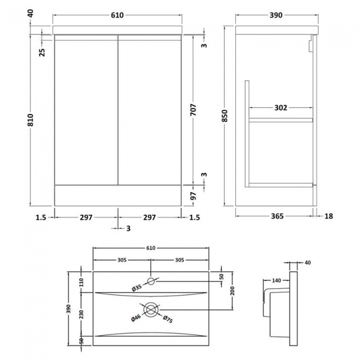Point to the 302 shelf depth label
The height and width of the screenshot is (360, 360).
coord(281,108)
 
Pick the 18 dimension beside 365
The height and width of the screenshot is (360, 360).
coord(328,216)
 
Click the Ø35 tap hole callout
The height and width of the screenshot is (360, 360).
coord(136,288)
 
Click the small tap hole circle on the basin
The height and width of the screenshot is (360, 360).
coord(151,281)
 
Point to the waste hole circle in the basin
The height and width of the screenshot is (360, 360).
coord(151,308)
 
